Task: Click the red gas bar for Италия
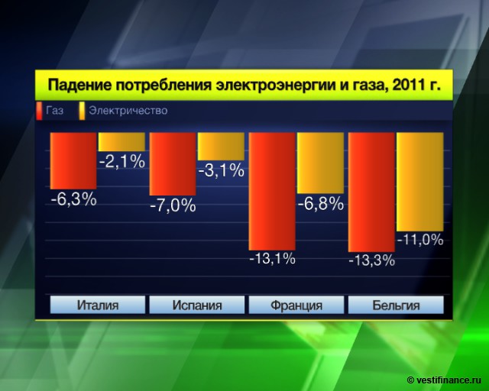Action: [73, 160]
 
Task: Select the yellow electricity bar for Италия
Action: [121, 142]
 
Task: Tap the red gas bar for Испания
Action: [172, 163]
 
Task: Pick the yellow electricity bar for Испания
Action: [221, 146]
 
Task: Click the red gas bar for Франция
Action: [272, 191]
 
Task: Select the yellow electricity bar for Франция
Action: [320, 163]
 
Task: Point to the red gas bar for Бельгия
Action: [371, 192]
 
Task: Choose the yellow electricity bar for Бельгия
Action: [419, 181]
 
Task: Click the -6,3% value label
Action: [73, 199]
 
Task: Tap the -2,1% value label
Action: [121, 161]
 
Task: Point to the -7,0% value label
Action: [173, 205]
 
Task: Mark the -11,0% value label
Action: [419, 239]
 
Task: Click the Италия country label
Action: [98, 305]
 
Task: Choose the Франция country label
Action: [296, 305]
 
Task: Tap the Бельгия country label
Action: [396, 305]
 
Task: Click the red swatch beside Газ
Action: [39, 111]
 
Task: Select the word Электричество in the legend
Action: [128, 111]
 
